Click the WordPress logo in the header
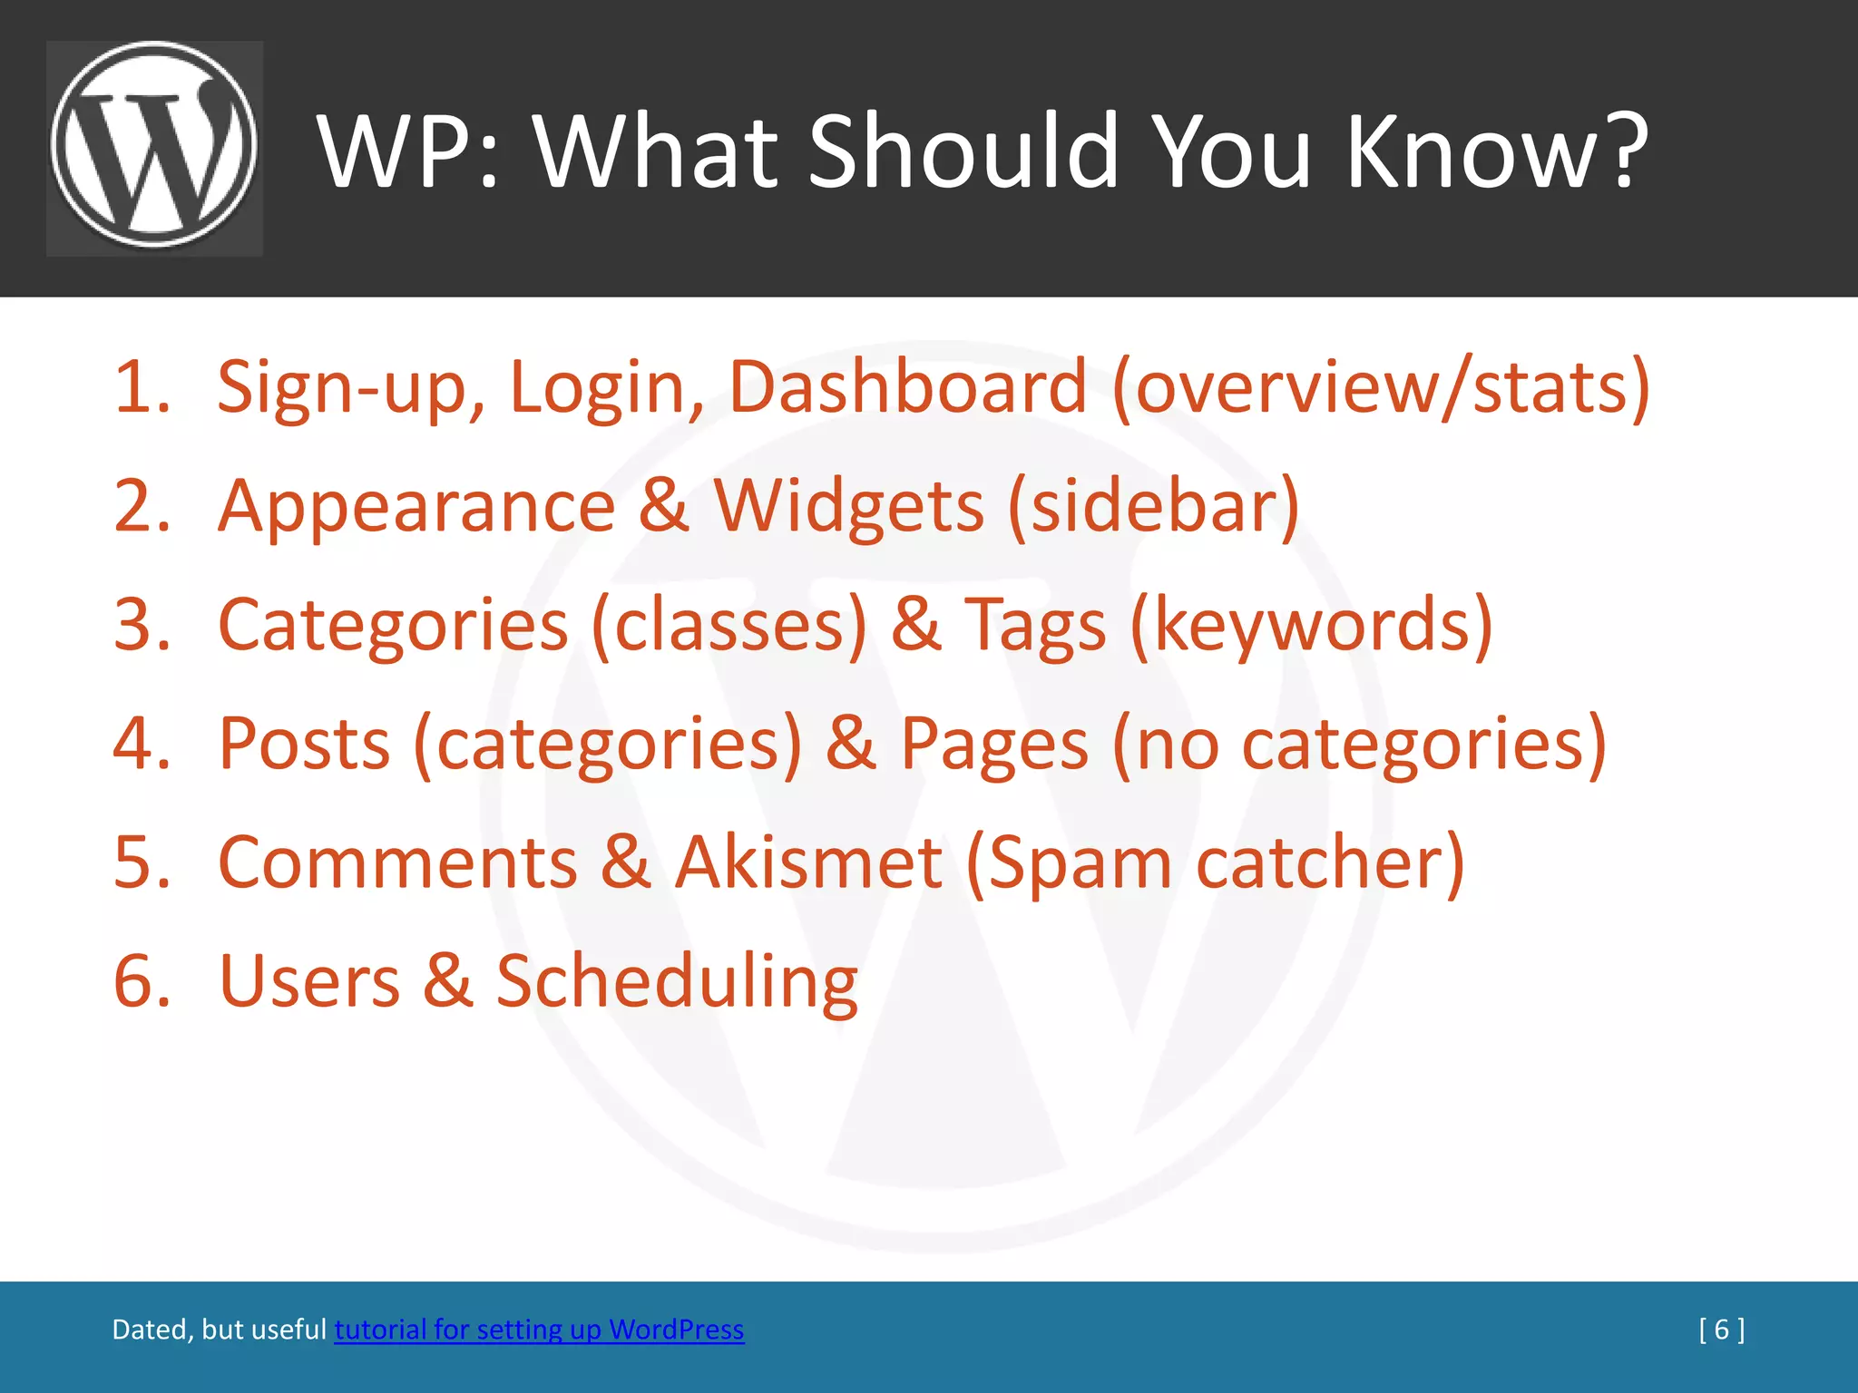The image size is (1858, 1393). click(x=154, y=148)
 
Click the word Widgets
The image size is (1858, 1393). click(x=848, y=506)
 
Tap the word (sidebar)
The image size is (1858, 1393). click(x=1154, y=506)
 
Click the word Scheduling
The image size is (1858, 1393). click(x=677, y=982)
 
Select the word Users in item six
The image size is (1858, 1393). click(x=309, y=981)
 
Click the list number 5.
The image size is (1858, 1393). click(x=141, y=862)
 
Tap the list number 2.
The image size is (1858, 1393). click(x=141, y=506)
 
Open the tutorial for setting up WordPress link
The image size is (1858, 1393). click(x=539, y=1330)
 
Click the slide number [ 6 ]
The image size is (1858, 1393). click(x=1721, y=1330)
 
